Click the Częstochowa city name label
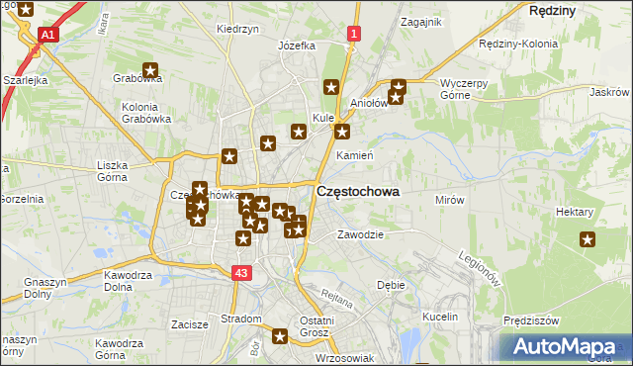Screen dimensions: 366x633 [357, 193]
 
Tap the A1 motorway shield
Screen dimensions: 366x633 [47, 36]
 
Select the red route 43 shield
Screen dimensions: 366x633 [242, 272]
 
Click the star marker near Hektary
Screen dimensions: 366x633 [588, 238]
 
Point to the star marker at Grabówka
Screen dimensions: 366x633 [150, 70]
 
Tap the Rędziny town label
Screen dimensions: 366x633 [553, 9]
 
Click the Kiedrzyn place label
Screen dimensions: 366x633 [237, 30]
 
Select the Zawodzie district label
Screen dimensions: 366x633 [360, 234]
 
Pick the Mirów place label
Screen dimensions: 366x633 [450, 200]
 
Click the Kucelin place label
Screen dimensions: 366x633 [440, 317]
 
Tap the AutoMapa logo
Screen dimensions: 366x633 [565, 347]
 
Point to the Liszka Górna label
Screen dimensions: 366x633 [118, 172]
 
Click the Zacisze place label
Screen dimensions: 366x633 [189, 323]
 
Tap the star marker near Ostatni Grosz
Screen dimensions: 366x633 [281, 337]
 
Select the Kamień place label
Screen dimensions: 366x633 [353, 156]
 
